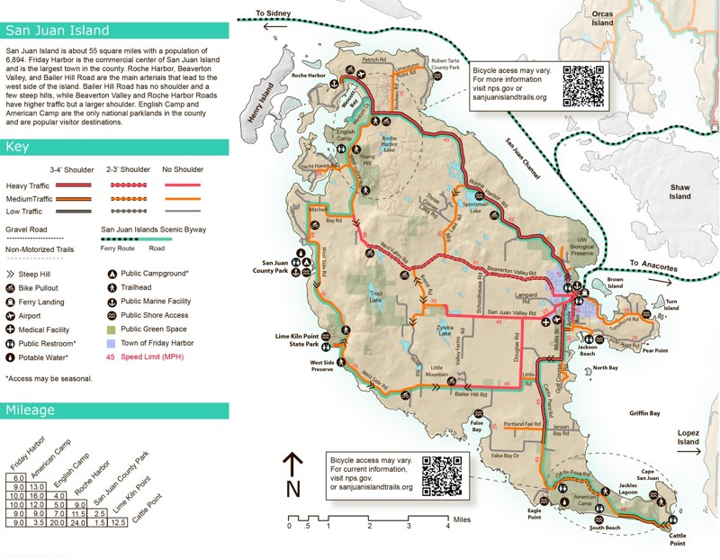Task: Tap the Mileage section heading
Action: pos(31,411)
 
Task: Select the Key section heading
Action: pos(17,147)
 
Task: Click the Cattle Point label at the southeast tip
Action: pos(677,539)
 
